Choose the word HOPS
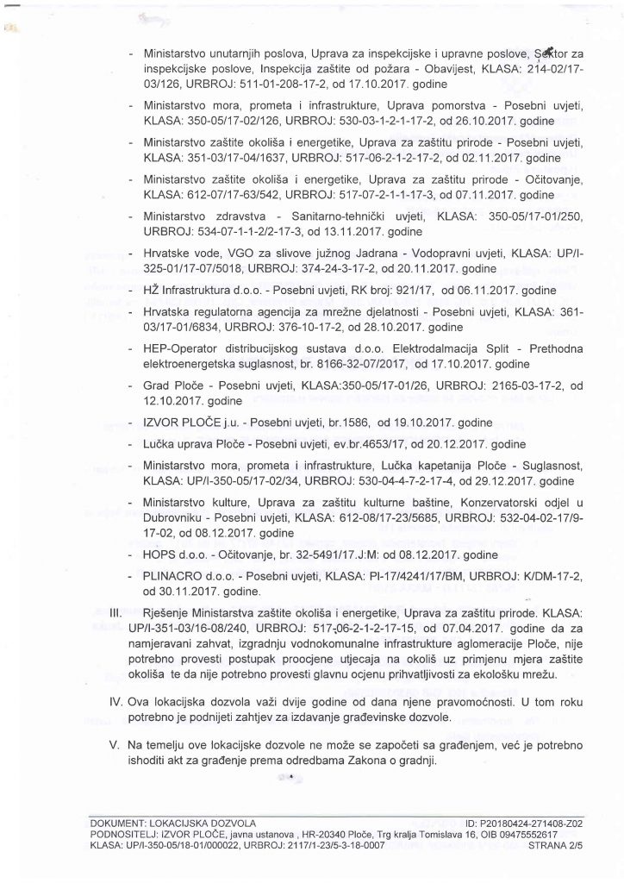(x=161, y=554)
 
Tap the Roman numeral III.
(x=118, y=611)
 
